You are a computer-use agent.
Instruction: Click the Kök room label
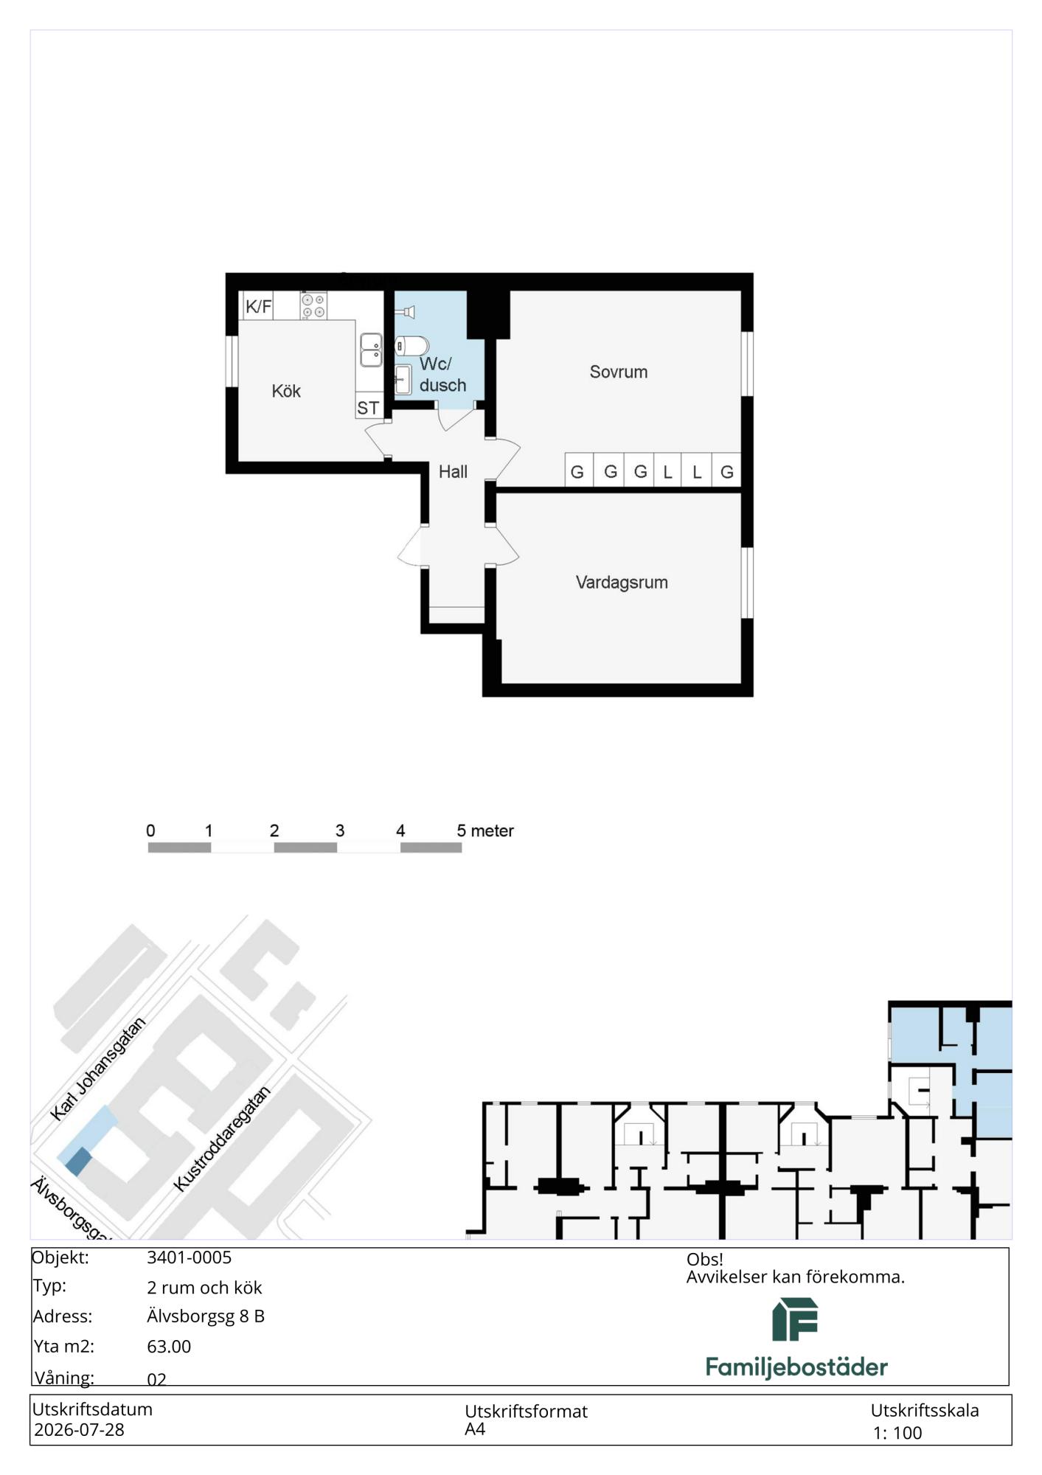[286, 391]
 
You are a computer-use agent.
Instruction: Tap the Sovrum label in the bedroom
[618, 372]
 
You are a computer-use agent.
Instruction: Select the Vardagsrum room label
[622, 583]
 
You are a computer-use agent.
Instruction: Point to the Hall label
[453, 472]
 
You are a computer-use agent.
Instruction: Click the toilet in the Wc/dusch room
[411, 346]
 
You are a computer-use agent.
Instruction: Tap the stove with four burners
[313, 305]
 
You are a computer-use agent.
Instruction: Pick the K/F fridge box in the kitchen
[258, 306]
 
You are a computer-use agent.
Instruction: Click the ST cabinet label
[368, 408]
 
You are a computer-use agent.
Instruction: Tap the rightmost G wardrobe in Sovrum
[726, 471]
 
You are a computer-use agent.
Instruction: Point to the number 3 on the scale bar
[340, 830]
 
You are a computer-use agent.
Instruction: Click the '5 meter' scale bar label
[484, 830]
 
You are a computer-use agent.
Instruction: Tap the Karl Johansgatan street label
[98, 1069]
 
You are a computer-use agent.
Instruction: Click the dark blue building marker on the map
[78, 1162]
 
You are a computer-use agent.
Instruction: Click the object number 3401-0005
[189, 1257]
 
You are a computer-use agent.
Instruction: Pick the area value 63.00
[169, 1346]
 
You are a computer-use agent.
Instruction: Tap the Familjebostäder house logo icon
[795, 1319]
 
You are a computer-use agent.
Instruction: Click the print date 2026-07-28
[79, 1429]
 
